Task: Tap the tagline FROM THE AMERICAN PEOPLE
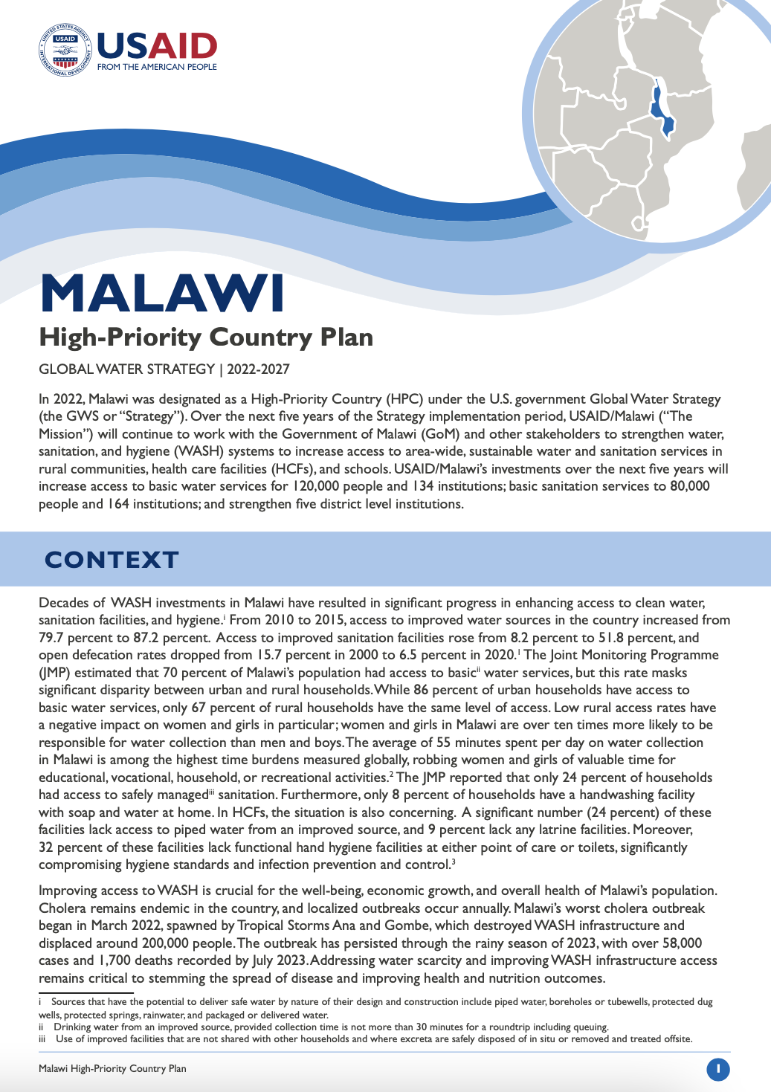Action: (157, 67)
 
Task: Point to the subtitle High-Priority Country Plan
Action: (206, 337)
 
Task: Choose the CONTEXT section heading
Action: (112, 559)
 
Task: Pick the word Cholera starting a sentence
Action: (63, 908)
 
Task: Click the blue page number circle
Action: (717, 1069)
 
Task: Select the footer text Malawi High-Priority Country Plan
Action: (112, 1069)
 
